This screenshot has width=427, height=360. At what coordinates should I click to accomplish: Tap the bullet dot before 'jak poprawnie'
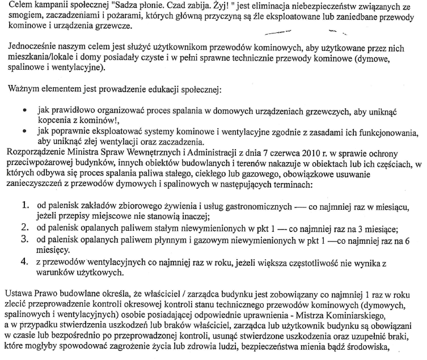(22, 132)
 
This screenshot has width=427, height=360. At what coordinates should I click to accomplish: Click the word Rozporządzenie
(35, 153)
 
